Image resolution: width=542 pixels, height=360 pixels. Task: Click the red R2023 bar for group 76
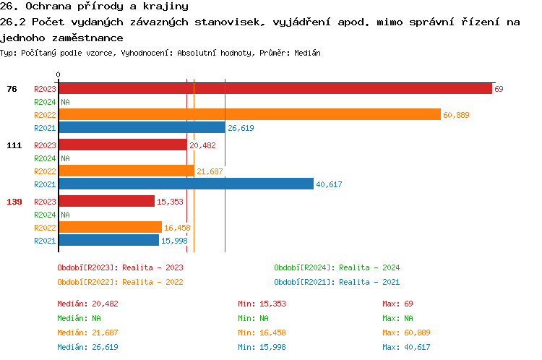pos(275,89)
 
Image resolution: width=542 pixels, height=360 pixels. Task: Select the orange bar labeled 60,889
pos(249,114)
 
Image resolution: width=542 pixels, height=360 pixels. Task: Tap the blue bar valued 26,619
pos(142,128)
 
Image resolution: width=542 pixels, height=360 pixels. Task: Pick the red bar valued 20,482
pos(122,145)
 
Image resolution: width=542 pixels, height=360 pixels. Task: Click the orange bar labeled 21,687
pos(126,171)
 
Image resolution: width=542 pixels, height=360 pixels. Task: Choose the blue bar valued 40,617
pos(186,184)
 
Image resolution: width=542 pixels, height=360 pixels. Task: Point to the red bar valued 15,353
pos(106,202)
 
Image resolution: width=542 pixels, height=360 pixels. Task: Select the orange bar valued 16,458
pos(110,227)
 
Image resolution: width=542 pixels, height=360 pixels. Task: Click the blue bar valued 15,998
pos(108,241)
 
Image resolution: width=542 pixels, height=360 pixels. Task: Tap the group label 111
pos(14,145)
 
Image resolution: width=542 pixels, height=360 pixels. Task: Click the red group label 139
pos(14,202)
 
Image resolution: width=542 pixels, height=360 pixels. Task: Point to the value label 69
pos(499,89)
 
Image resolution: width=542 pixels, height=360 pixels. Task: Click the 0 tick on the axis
pos(58,74)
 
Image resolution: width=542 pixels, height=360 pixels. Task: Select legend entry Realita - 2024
pos(337,267)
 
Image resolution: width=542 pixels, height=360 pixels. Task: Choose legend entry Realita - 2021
pos(337,282)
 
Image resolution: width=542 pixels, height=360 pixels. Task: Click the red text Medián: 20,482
pos(87,304)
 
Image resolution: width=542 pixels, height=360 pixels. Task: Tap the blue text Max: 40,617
pos(407,347)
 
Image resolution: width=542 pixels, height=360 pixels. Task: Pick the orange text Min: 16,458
pos(262,333)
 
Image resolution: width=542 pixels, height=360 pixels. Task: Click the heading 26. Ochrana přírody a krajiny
pos(94,7)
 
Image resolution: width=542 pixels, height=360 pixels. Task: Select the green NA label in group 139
pos(65,215)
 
